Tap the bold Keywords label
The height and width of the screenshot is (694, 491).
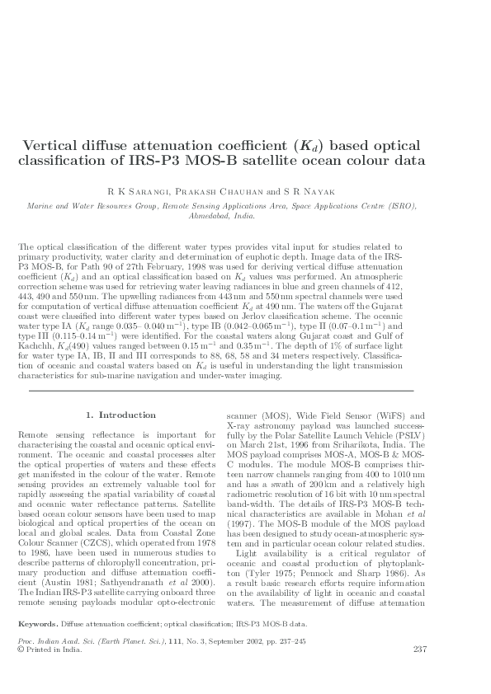tap(37, 648)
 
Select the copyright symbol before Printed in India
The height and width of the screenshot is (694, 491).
tap(21, 672)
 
